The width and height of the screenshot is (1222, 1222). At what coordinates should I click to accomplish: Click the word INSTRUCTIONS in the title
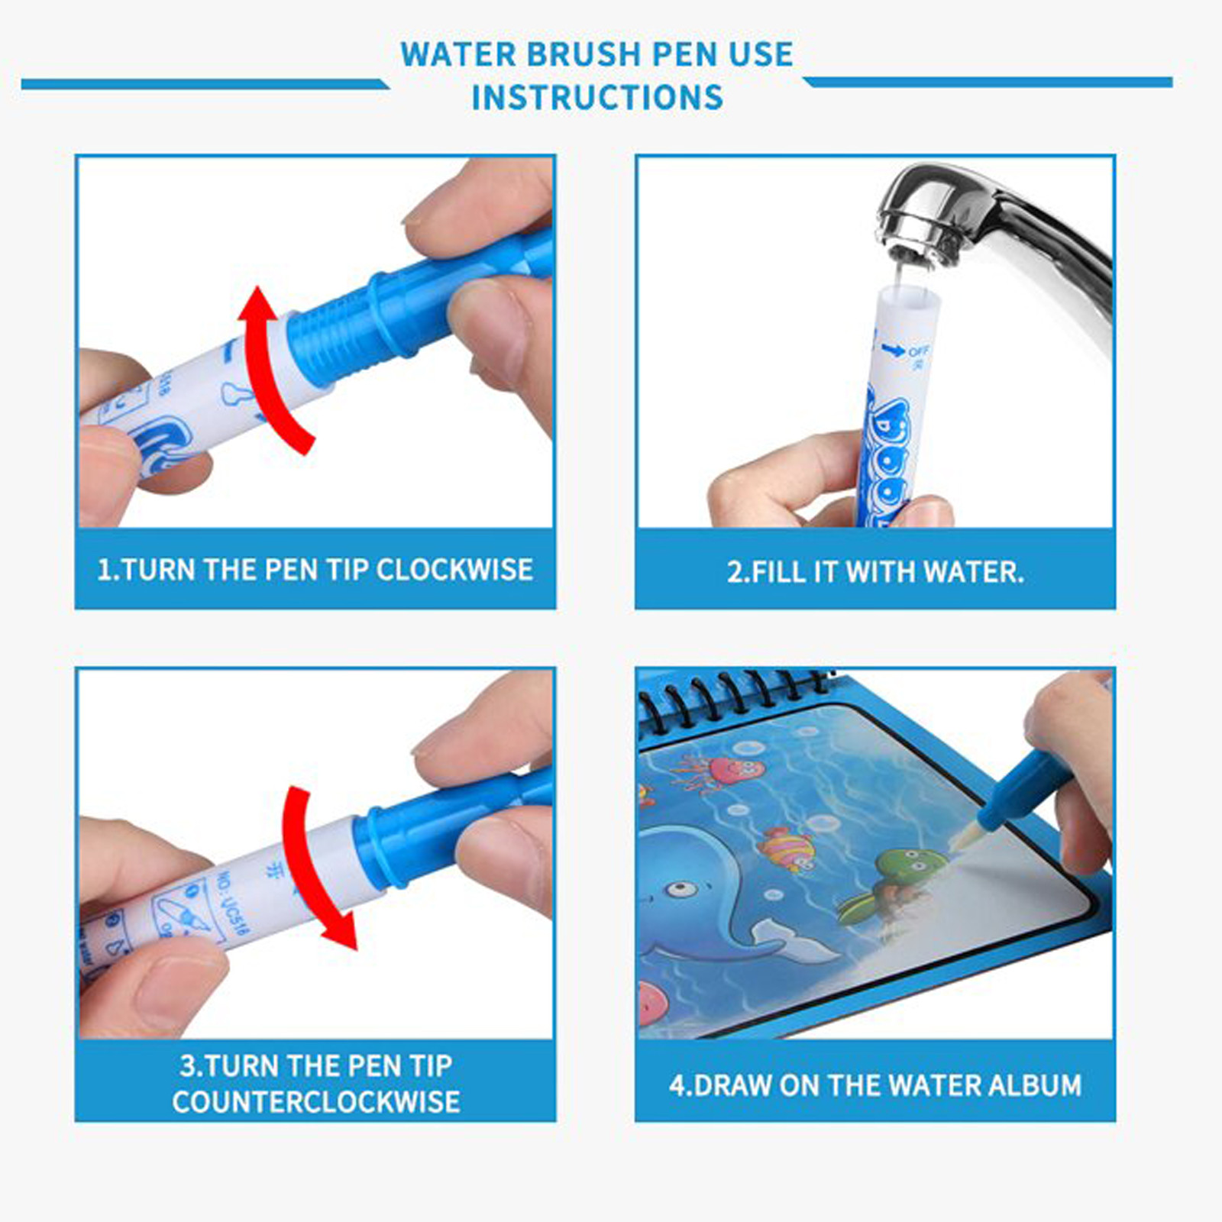596,98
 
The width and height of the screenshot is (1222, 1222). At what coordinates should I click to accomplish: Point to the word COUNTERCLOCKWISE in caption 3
315,1101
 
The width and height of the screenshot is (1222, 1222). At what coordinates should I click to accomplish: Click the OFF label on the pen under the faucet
919,351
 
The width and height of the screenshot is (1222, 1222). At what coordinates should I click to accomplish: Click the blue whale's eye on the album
678,889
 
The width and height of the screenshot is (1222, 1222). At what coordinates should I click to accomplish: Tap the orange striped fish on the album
787,848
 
